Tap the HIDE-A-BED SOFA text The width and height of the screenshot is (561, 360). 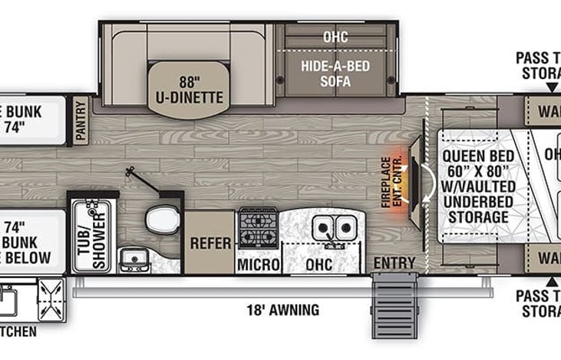(x=335, y=73)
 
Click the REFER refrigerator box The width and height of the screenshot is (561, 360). (x=210, y=243)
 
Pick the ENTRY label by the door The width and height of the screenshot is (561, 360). (x=394, y=263)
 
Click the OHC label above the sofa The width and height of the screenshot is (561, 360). (x=335, y=35)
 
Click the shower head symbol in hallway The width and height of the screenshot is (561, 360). (x=131, y=174)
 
